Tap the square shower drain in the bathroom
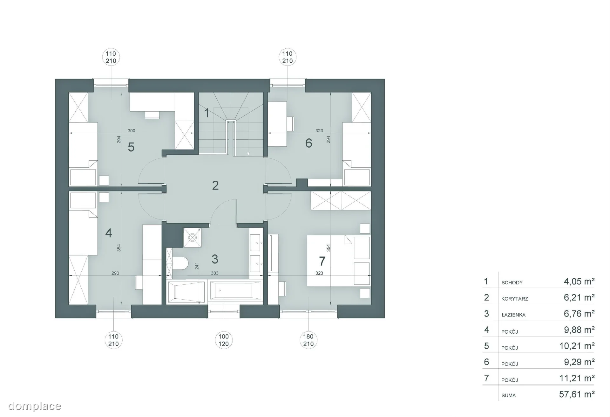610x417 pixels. [x=192, y=237]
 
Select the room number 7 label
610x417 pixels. [x=322, y=261]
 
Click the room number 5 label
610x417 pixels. [x=131, y=147]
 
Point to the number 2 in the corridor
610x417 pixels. [x=215, y=185]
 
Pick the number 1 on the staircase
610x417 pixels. [x=207, y=113]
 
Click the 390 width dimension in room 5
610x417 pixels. [x=131, y=131]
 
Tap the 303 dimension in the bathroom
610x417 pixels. [x=214, y=273]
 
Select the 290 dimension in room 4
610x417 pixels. [x=115, y=273]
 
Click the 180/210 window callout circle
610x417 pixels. [x=308, y=340]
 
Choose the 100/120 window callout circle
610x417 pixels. [x=224, y=340]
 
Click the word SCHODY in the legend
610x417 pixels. [x=512, y=282]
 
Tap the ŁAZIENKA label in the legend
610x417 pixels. [x=513, y=315]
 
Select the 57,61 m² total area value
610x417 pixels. [x=577, y=394]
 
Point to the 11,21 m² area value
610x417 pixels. [x=577, y=378]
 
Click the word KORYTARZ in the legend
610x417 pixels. [x=515, y=299]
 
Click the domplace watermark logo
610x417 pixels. [x=34, y=406]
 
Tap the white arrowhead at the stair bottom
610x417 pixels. [x=248, y=154]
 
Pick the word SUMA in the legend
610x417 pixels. [x=509, y=396]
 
